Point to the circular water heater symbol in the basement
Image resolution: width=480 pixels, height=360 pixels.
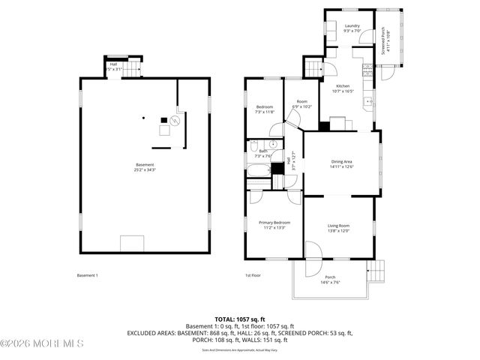(175, 120)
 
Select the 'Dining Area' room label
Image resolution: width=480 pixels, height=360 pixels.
(342, 161)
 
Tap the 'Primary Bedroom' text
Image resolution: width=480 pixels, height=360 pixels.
(274, 223)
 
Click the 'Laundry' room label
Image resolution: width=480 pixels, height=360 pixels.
(352, 26)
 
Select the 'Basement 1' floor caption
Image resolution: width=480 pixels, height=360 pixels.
(88, 275)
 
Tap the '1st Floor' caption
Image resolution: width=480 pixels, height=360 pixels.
(253, 275)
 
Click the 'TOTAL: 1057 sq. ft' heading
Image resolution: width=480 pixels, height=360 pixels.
(240, 319)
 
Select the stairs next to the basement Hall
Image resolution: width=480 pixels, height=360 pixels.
(132, 70)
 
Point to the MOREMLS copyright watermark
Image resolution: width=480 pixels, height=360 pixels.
(42, 344)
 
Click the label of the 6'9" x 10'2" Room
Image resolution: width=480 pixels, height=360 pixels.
(301, 102)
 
